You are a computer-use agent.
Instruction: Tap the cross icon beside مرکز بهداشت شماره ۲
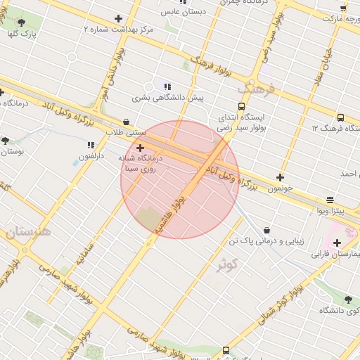coord(118,19)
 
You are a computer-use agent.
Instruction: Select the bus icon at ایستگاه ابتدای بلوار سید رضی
coord(242,107)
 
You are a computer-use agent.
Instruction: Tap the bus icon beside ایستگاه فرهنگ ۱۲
coord(340,118)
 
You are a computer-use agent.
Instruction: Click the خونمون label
coord(299,189)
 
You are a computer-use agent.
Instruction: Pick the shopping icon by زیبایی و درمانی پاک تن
coord(267,230)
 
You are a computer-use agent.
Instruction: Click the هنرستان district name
coord(28,231)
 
